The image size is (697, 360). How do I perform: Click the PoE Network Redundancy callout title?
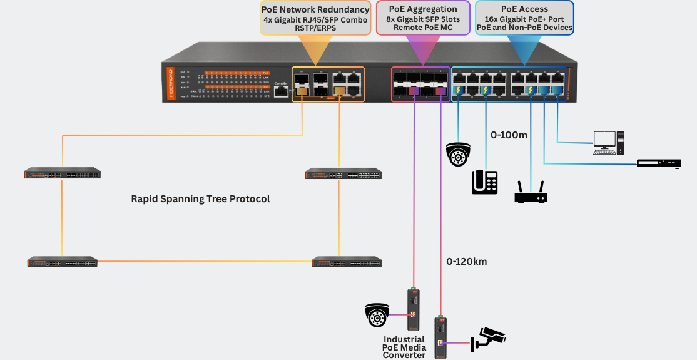coord(316,9)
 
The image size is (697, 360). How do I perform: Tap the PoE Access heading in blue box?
coord(524,9)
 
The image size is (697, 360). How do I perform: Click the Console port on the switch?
coord(281,92)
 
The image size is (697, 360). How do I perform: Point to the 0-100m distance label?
coord(508,135)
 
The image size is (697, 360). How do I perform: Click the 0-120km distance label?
coord(466,261)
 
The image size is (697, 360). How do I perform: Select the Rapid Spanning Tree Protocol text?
coord(200,199)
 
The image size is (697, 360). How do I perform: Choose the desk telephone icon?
coord(484,182)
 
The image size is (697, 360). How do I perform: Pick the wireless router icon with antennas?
coord(531,193)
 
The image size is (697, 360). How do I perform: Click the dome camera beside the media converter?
coord(377,315)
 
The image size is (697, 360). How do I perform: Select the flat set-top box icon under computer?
coord(658,163)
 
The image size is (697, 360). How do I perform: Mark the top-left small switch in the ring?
coord(63,173)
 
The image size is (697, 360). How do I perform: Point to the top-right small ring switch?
coord(343,173)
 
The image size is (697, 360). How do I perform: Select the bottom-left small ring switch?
coord(63,262)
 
